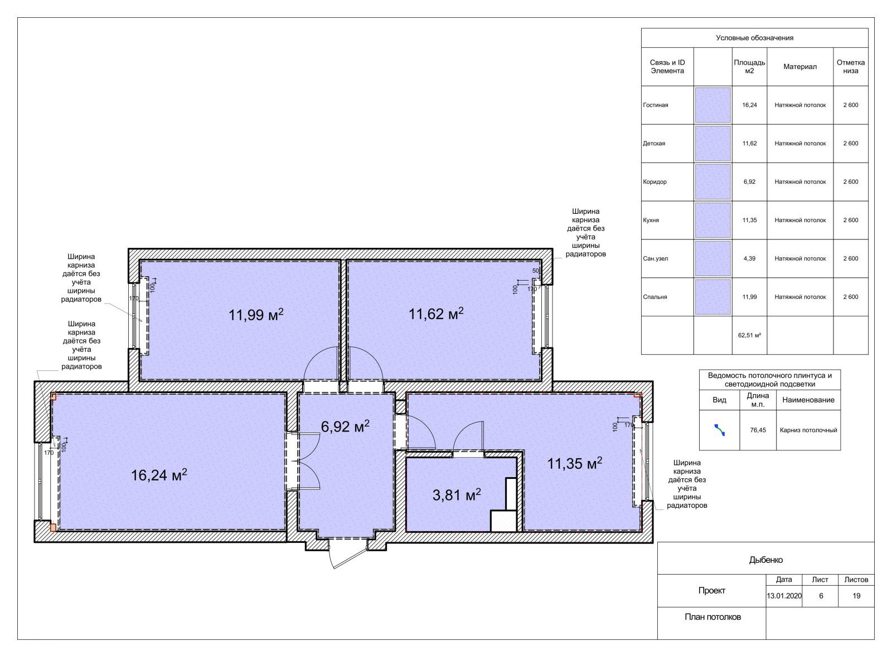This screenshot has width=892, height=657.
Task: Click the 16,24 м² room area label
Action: pyautogui.click(x=159, y=475)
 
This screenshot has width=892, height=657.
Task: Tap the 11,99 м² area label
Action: pyautogui.click(x=256, y=315)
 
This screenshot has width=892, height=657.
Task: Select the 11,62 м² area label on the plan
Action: pyautogui.click(x=436, y=313)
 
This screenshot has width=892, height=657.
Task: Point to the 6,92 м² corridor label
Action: pyautogui.click(x=345, y=426)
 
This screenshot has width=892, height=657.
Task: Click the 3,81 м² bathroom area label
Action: pyautogui.click(x=457, y=495)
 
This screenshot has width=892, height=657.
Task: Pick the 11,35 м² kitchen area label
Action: pyautogui.click(x=575, y=463)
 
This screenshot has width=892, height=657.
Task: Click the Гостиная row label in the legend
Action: pyautogui.click(x=656, y=105)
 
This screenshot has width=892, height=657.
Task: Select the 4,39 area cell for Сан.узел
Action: pyautogui.click(x=749, y=258)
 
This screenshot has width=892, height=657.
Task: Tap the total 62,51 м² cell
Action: pyautogui.click(x=749, y=335)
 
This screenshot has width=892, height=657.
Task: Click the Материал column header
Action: pyautogui.click(x=800, y=66)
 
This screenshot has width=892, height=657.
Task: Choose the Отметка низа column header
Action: pyautogui.click(x=851, y=66)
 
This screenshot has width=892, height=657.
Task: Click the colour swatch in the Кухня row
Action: pyautogui.click(x=713, y=220)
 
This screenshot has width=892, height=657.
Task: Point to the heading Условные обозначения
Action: pyautogui.click(x=755, y=38)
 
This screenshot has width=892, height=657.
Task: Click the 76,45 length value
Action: pyautogui.click(x=758, y=430)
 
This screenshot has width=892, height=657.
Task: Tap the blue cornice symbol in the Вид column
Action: pyautogui.click(x=719, y=430)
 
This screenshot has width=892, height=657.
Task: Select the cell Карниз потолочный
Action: pyautogui.click(x=808, y=430)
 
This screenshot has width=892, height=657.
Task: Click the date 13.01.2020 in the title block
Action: pyautogui.click(x=784, y=596)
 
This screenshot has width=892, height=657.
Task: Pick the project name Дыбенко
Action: pyautogui.click(x=766, y=560)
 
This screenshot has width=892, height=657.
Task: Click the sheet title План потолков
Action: pyautogui.click(x=713, y=617)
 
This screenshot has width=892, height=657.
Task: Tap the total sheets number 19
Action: pyautogui.click(x=856, y=596)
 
